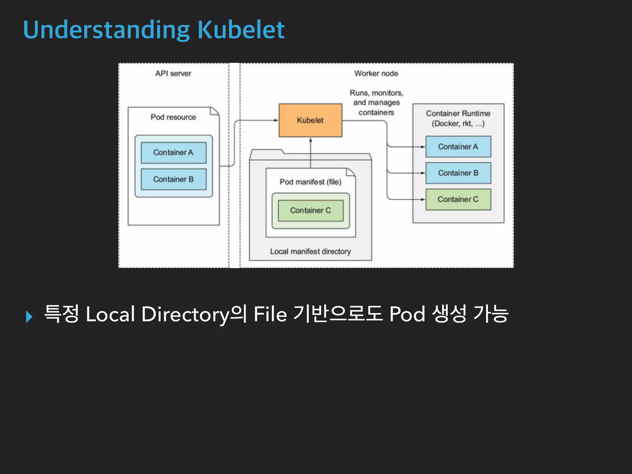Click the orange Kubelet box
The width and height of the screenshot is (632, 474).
(x=310, y=120)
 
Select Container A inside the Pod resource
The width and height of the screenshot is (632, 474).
(x=173, y=152)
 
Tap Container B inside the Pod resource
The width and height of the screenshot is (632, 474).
(x=173, y=179)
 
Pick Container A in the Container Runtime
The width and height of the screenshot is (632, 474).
(x=458, y=147)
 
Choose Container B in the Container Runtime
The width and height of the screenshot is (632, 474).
(x=458, y=173)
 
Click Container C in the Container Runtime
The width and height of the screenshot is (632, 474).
(x=458, y=199)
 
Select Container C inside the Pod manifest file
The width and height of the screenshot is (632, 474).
(x=310, y=210)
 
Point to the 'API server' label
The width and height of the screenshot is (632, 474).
(x=173, y=73)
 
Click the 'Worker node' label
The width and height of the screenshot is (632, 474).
(x=376, y=73)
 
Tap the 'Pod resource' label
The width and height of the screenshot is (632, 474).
(x=173, y=117)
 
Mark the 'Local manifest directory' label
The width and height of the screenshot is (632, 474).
(x=310, y=252)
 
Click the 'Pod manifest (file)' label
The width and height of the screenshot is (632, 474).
(x=310, y=182)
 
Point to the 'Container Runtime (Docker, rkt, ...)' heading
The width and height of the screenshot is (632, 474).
(x=458, y=118)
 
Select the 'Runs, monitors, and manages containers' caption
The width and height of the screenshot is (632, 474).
(x=376, y=102)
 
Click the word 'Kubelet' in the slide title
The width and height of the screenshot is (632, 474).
(x=241, y=30)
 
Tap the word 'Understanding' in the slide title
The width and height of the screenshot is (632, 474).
(x=106, y=30)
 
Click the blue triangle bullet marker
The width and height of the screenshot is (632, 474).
(x=29, y=317)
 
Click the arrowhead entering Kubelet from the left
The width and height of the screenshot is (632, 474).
(x=276, y=120)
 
